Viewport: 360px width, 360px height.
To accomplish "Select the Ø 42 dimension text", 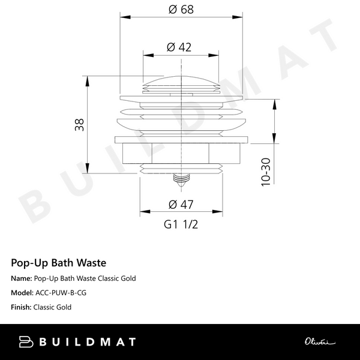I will pyautogui.click(x=180, y=47).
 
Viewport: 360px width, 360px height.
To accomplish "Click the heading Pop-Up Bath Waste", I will pyautogui.click(x=59, y=263).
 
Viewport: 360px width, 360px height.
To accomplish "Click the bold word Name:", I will pyautogui.click(x=21, y=278).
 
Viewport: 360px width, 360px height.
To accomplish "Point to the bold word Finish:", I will pyautogui.click(x=21, y=307).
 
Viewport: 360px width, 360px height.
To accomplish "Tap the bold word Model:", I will pyautogui.click(x=22, y=293).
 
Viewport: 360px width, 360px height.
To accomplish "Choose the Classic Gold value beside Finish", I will pyautogui.click(x=53, y=307).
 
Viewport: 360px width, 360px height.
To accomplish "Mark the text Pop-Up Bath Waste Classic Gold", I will pyautogui.click(x=85, y=278).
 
